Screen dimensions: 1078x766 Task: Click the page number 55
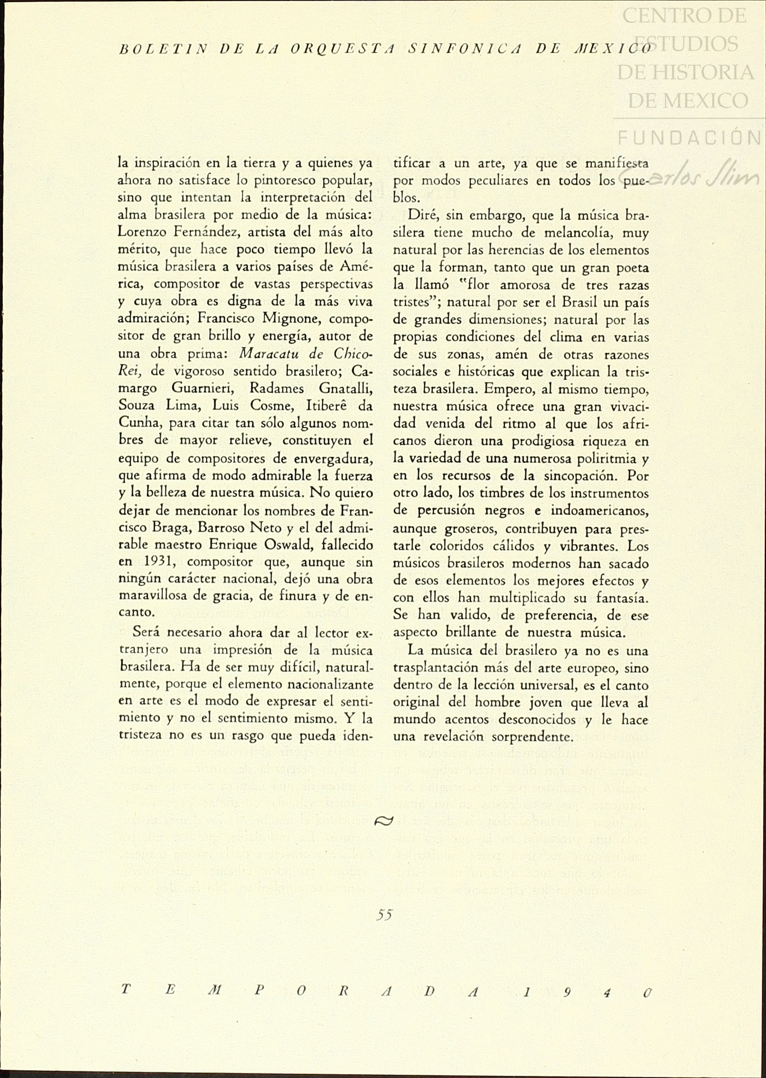[x=385, y=915]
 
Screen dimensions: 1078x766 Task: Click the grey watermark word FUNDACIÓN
[x=689, y=138]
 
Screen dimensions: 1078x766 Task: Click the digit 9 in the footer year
[x=568, y=992]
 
